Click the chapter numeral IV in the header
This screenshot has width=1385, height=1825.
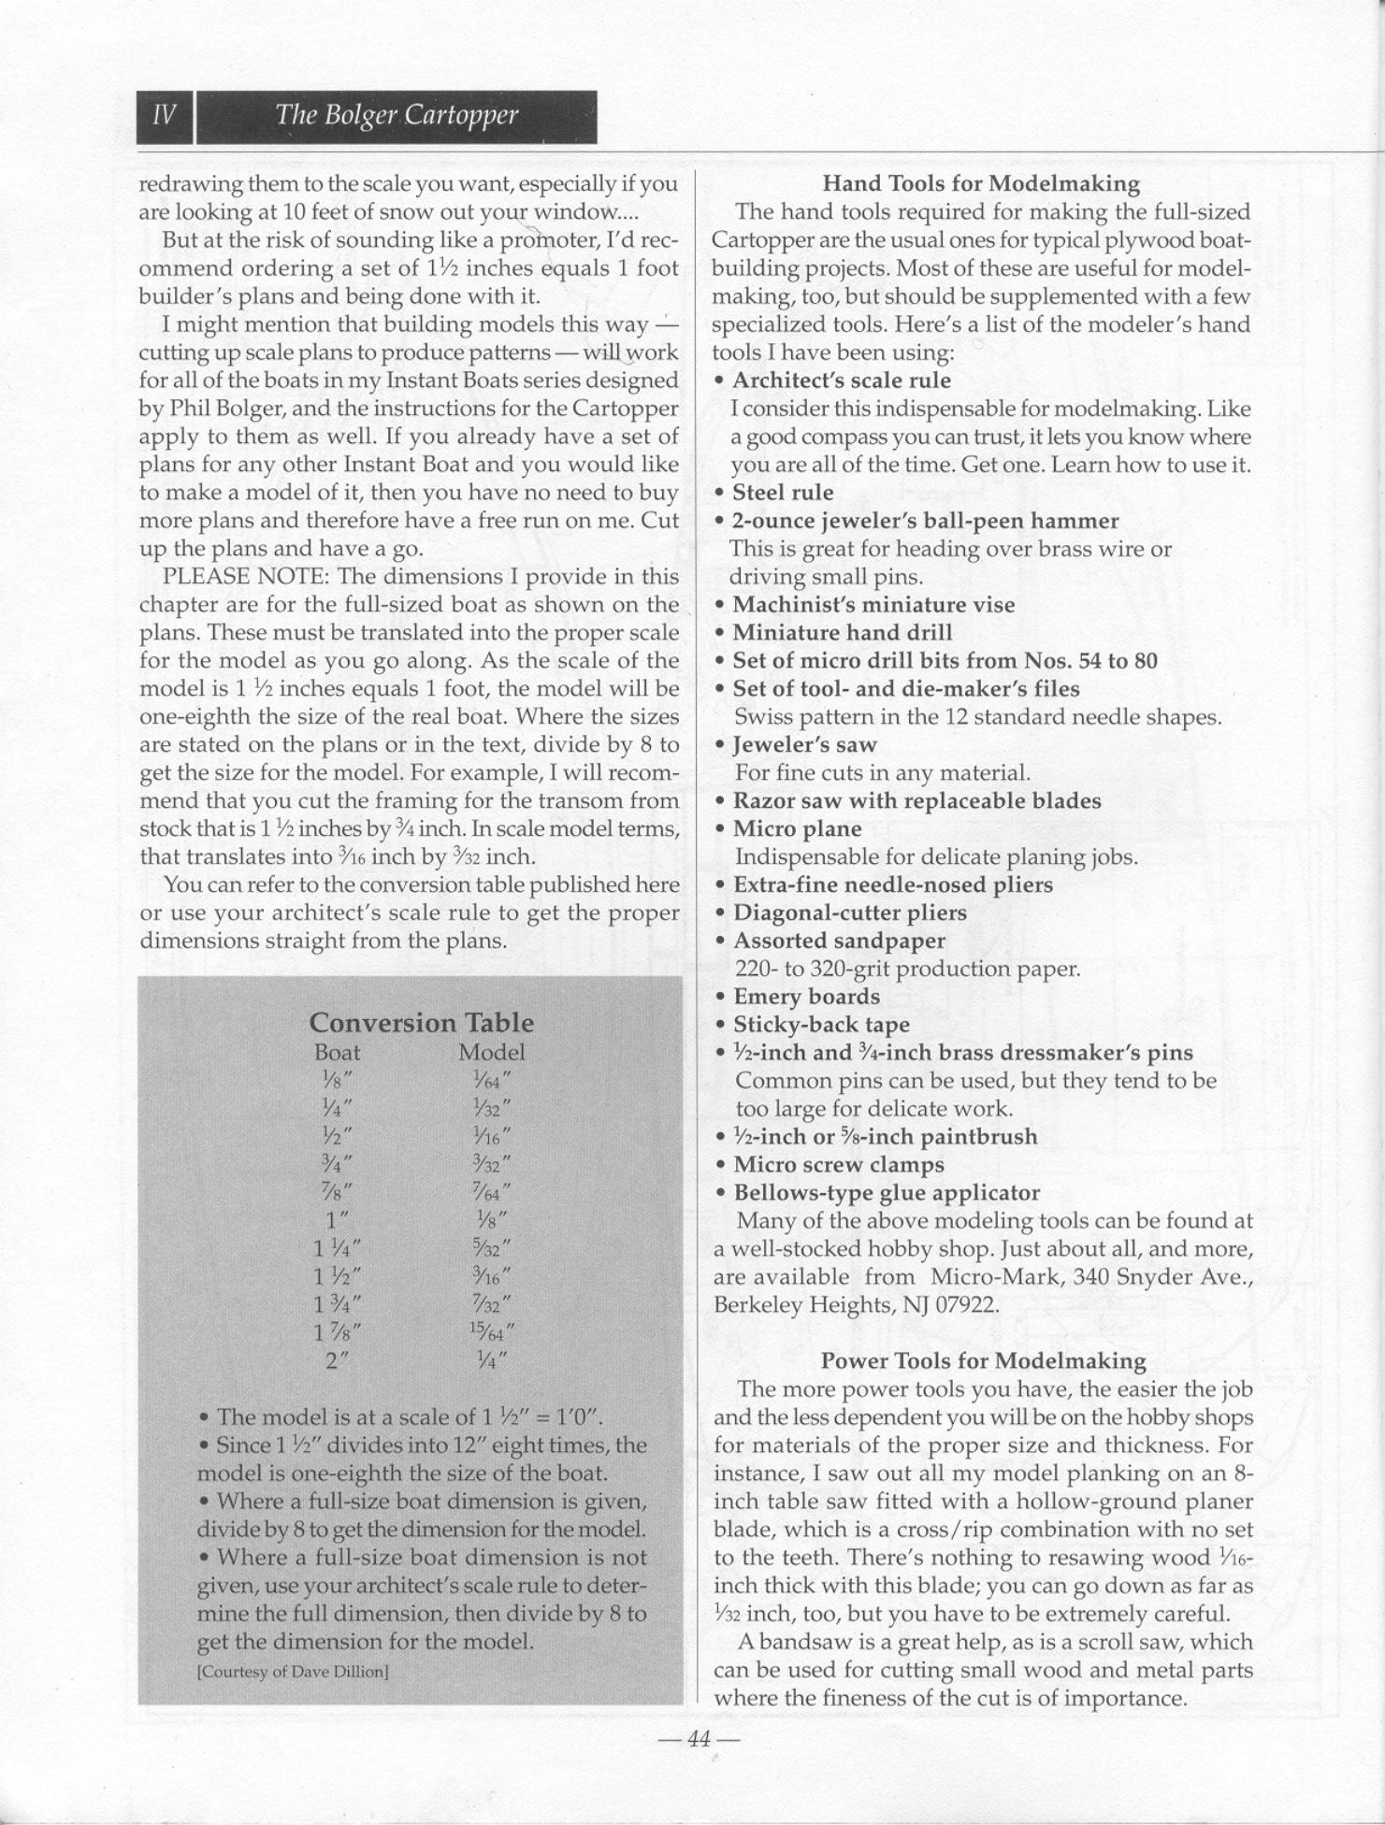165,116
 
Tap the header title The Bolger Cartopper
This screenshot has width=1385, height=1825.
396,116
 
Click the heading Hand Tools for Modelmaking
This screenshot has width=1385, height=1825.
981,183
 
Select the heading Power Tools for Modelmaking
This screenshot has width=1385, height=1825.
983,1360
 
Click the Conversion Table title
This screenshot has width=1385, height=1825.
421,1022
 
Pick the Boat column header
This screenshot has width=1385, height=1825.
337,1052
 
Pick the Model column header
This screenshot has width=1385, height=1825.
491,1052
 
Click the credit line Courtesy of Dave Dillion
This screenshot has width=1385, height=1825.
293,1672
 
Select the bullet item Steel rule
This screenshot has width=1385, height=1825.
783,493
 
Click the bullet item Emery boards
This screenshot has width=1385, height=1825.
806,997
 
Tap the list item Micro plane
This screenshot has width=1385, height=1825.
797,828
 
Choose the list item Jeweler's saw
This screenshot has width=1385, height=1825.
804,745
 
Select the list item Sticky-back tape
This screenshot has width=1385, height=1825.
821,1025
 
